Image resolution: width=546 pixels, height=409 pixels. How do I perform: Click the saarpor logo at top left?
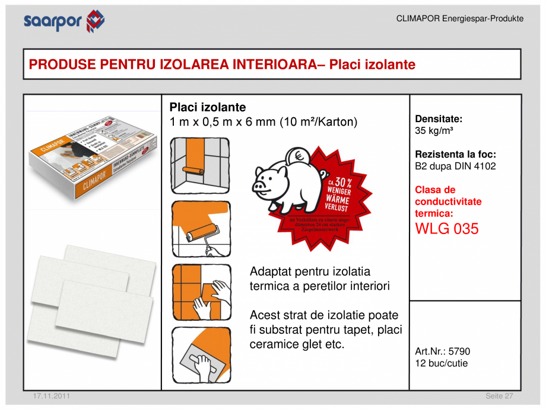[x=64, y=21]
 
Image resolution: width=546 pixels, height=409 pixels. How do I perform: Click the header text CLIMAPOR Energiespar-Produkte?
[x=459, y=19]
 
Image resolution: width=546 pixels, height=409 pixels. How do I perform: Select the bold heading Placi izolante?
[x=208, y=107]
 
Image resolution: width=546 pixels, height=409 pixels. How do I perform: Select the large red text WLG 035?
[x=446, y=229]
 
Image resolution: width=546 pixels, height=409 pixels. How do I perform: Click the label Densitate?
[x=439, y=119]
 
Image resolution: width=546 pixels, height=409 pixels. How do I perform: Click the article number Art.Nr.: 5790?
[x=442, y=352]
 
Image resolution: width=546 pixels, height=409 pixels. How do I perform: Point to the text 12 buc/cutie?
[x=441, y=363]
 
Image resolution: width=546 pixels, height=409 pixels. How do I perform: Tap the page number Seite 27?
[x=499, y=395]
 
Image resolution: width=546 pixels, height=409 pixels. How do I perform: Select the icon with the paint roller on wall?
[x=201, y=229]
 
